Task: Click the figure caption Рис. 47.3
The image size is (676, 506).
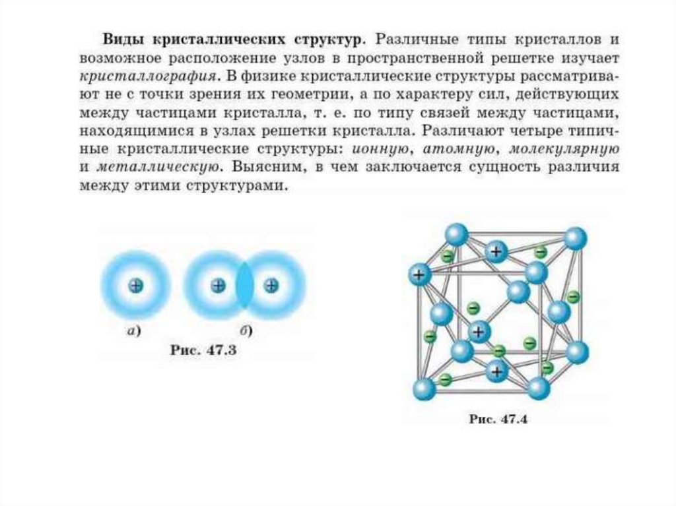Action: tap(203, 352)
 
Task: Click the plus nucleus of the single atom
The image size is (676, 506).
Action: tap(136, 286)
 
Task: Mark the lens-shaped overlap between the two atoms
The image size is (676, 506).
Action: tap(244, 286)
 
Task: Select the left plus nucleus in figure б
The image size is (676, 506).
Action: tap(218, 286)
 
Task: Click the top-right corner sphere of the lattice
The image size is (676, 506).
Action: tap(575, 239)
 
